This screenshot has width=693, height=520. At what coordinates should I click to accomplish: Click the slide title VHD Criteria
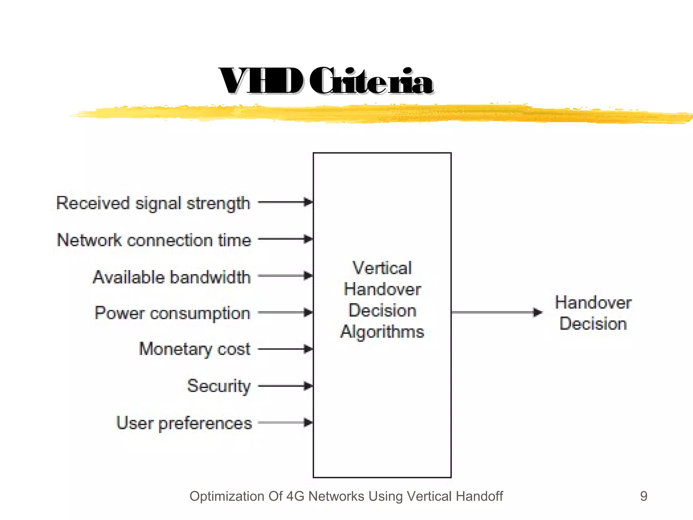click(x=326, y=81)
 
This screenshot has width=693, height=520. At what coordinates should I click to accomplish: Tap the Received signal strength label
click(x=153, y=203)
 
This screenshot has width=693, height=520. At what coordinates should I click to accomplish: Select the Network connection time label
click(x=154, y=240)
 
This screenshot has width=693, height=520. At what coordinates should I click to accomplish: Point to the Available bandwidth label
click(x=172, y=277)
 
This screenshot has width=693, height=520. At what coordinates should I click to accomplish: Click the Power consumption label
click(x=173, y=313)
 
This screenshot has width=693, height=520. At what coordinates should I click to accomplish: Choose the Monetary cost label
click(x=195, y=349)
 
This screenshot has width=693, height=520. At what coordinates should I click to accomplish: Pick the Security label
click(x=219, y=386)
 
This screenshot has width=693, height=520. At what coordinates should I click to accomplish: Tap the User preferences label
click(x=184, y=423)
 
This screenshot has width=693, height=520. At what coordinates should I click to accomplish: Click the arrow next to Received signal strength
click(x=285, y=202)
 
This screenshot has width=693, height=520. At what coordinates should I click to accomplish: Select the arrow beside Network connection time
click(x=285, y=239)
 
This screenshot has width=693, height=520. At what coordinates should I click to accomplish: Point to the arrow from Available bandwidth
click(x=285, y=276)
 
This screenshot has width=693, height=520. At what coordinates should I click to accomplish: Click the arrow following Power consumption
click(x=285, y=312)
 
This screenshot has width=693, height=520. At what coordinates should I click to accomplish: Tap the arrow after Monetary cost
click(x=285, y=349)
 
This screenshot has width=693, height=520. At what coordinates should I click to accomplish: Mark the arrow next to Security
click(x=285, y=386)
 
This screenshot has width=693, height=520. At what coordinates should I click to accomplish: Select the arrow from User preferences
click(x=285, y=422)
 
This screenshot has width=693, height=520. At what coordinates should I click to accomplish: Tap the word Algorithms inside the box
click(x=382, y=332)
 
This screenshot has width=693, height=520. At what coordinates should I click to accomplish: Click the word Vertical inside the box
click(x=382, y=268)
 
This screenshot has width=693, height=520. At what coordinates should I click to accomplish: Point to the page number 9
click(x=644, y=496)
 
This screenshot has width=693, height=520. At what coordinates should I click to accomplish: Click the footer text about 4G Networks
click(x=346, y=496)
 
